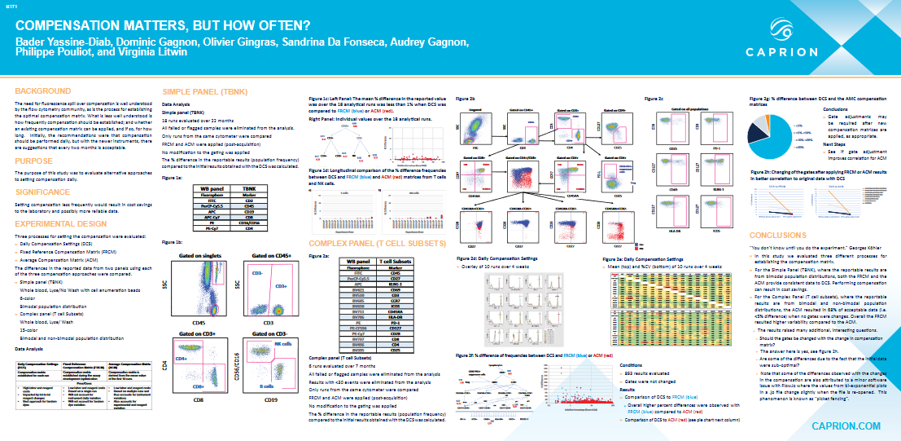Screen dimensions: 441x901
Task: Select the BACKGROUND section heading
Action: pyautogui.click(x=43, y=90)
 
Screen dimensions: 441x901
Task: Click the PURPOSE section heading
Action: pyautogui.click(x=33, y=161)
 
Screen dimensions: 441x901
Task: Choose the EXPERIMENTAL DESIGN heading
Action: pyautogui.click(x=60, y=223)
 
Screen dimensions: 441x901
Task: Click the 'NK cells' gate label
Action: pyautogui.click(x=282, y=345)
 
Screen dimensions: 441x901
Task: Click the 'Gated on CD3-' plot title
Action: pyautogui.click(x=269, y=334)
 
